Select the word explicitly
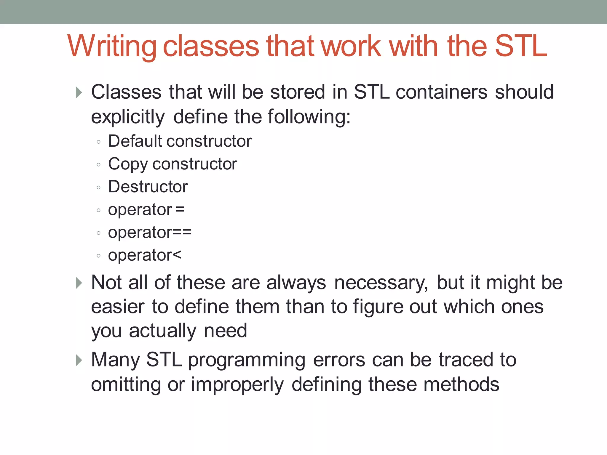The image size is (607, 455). point(128,117)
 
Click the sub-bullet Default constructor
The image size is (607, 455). point(180,141)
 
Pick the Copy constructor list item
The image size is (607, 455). point(172,164)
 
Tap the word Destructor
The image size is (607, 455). point(148,187)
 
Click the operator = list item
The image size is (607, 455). point(146,210)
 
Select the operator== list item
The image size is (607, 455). point(150,233)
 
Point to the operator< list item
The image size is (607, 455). point(144,255)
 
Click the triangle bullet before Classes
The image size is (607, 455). point(79,92)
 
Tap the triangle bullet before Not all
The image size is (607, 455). point(79,283)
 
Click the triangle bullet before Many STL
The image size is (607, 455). point(79,360)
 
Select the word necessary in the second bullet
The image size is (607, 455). point(381,283)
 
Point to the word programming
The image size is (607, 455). point(247,360)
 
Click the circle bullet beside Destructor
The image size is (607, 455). point(99,187)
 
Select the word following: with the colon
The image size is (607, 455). point(309,117)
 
